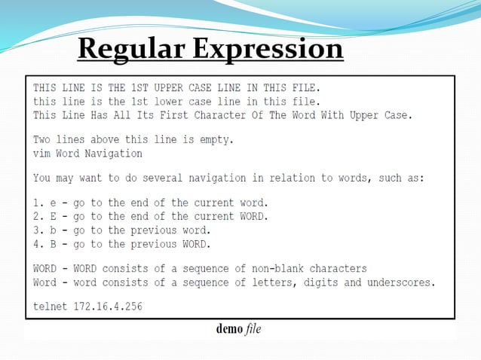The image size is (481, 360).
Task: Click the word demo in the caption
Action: pyautogui.click(x=229, y=329)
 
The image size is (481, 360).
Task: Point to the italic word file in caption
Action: pyautogui.click(x=253, y=329)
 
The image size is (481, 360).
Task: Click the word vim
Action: pyautogui.click(x=42, y=153)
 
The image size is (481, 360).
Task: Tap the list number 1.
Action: pyautogui.click(x=37, y=203)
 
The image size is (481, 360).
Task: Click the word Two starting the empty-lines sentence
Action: pyautogui.click(x=42, y=140)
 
